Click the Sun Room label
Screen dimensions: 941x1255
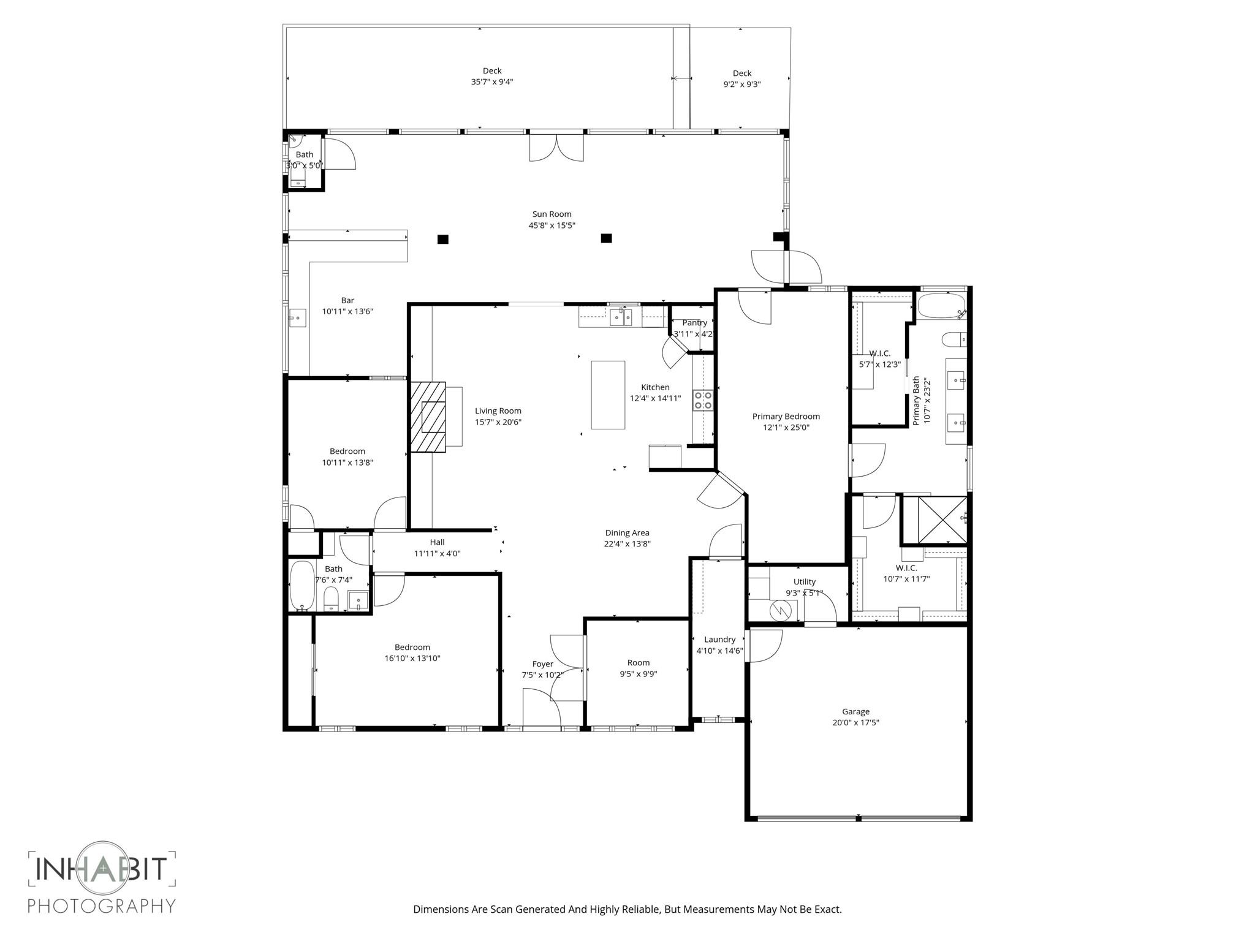[552, 214]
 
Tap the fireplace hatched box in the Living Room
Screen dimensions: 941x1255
[428, 417]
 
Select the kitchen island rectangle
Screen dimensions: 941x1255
[608, 395]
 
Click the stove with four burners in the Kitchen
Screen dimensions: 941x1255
[703, 400]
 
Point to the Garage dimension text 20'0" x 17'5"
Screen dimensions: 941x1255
[855, 722]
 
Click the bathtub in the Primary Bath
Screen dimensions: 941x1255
[941, 305]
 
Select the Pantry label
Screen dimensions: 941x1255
[694, 322]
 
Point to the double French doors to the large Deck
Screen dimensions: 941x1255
[556, 148]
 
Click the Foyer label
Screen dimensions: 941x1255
[542, 663]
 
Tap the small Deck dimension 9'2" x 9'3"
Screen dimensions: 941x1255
[741, 85]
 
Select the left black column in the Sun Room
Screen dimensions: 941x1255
[442, 239]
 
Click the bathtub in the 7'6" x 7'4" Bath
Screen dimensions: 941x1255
[301, 585]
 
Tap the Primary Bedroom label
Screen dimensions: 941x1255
[786, 416]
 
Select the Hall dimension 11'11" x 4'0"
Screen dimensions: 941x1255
[437, 553]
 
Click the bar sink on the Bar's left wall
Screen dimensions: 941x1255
[297, 317]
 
